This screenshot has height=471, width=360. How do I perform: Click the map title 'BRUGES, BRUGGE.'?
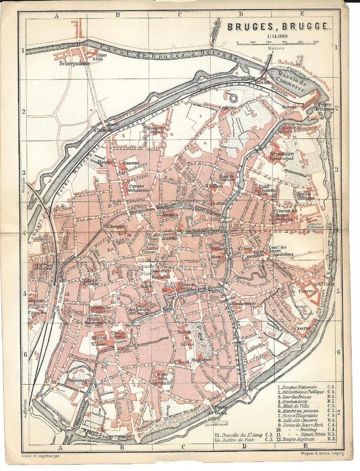click(x=279, y=29)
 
